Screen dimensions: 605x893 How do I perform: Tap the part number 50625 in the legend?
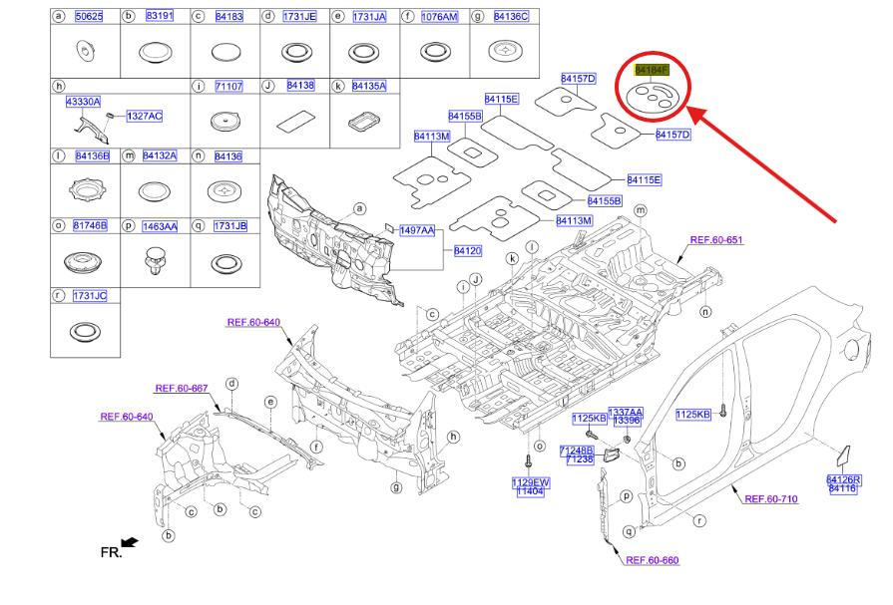[x=90, y=17]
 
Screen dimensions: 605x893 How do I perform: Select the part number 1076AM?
[x=439, y=17]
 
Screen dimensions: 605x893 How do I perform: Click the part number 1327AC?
[x=144, y=117]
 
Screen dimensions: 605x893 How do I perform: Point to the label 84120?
[x=468, y=250]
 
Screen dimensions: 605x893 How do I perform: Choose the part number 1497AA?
[x=417, y=230]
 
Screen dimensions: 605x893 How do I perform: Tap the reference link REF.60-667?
[x=181, y=388]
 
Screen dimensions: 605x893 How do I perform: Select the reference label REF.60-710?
[x=770, y=498]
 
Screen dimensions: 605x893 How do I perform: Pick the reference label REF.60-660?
[x=652, y=560]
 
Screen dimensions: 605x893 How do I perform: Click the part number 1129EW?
[x=531, y=481]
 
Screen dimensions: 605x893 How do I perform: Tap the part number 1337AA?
[x=626, y=412]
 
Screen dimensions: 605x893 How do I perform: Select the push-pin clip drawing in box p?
[x=153, y=264]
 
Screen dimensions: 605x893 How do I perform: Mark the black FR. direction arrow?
[x=130, y=543]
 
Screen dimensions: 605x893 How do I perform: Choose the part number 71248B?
[x=577, y=450]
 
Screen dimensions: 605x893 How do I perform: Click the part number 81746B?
[x=90, y=226]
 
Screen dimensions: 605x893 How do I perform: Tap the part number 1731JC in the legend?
[x=90, y=296]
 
